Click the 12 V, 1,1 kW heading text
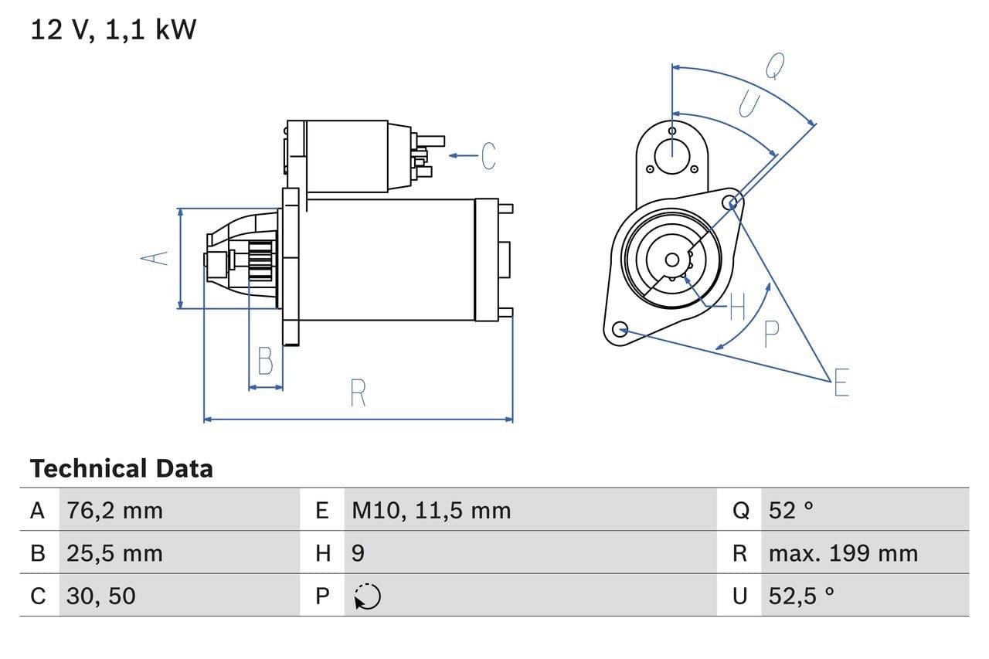(114, 30)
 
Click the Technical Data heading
(121, 468)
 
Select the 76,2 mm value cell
(114, 510)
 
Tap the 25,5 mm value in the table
(114, 553)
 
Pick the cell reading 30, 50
(100, 596)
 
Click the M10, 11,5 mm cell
(431, 510)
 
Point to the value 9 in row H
(359, 553)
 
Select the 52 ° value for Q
(791, 510)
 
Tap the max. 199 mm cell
(843, 553)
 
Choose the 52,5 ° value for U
(801, 596)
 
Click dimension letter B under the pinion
(265, 362)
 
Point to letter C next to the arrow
(488, 156)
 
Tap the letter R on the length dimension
(357, 393)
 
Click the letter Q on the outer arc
(774, 67)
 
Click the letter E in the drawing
(841, 382)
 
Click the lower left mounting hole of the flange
(618, 330)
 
